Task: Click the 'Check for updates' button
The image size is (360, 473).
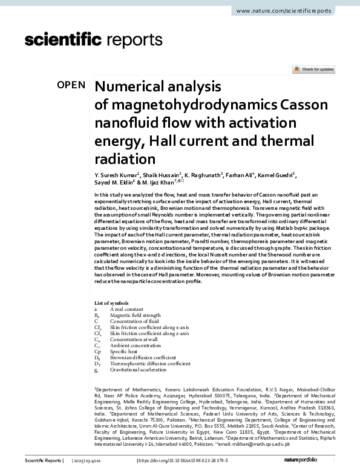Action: tap(313, 70)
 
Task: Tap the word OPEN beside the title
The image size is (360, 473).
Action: tap(71, 85)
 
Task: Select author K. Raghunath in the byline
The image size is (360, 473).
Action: tap(203, 175)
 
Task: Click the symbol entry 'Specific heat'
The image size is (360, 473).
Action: tap(123, 351)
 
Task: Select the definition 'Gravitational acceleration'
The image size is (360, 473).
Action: tap(137, 370)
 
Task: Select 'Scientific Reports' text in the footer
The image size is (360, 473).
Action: tap(43, 461)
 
